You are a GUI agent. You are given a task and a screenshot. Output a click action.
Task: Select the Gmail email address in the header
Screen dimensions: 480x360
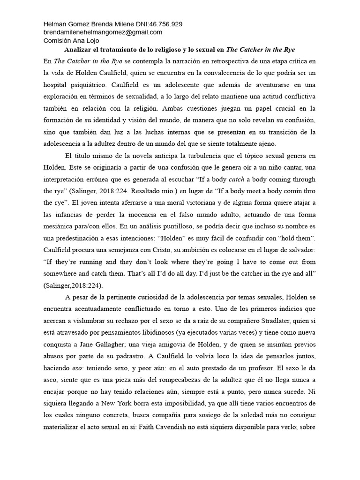103,32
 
